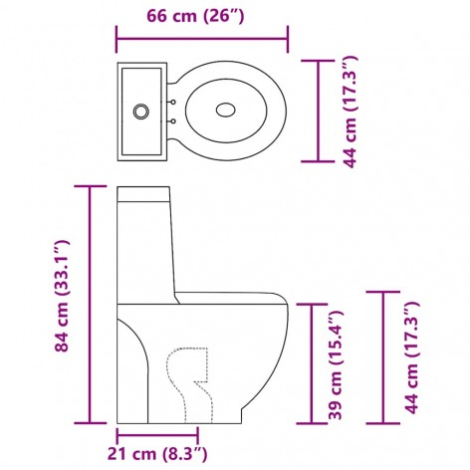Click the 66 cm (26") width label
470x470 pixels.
point(202,17)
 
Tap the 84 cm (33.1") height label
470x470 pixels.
point(63,297)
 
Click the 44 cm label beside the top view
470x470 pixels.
point(350,111)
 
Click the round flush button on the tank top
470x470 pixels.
point(142,111)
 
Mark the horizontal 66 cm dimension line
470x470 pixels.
point(202,41)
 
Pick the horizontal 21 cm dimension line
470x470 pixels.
point(157,434)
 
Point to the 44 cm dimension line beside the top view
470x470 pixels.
point(319,111)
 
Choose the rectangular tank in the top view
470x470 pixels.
point(142,111)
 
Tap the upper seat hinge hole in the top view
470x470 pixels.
point(173,101)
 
